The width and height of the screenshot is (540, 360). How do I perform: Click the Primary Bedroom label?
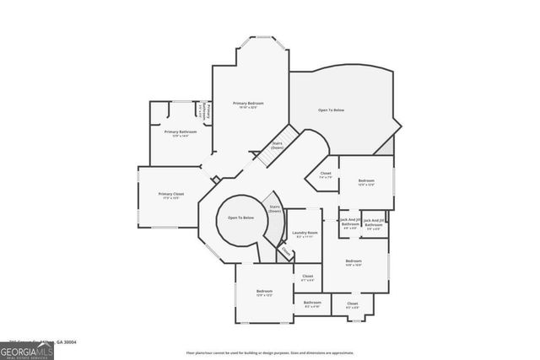tap(250, 103)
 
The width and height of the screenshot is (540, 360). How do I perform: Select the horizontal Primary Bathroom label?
tap(181, 132)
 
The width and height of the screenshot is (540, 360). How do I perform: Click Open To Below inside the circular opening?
tap(240, 218)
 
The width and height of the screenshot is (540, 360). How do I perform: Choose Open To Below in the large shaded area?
tap(331, 110)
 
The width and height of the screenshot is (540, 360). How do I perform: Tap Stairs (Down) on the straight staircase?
tap(277, 145)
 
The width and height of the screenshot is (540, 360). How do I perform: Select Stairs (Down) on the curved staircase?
tap(274, 207)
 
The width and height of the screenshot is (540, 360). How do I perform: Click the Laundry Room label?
tap(305, 233)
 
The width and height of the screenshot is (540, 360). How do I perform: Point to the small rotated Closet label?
tap(286, 252)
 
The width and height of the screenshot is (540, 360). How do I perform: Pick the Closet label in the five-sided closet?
tap(325, 174)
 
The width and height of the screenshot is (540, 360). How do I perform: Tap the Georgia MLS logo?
tap(27, 350)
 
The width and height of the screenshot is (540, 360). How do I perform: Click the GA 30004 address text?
tap(64, 341)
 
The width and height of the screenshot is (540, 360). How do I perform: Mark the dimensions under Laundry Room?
tap(305, 237)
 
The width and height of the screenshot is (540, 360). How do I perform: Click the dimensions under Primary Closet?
tap(170, 198)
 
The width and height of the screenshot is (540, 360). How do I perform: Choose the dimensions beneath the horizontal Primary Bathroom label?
tap(181, 136)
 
